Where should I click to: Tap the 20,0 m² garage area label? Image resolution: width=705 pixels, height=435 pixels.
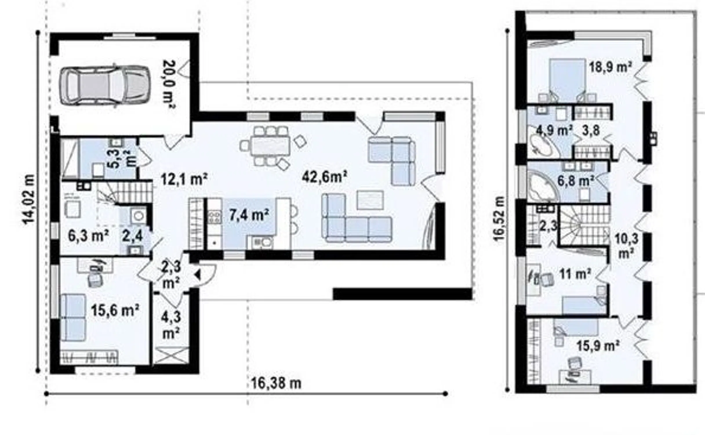click(169, 84)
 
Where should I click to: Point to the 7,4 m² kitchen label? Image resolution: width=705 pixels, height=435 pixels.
click(249, 215)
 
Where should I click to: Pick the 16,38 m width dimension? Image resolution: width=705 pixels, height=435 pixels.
click(276, 383)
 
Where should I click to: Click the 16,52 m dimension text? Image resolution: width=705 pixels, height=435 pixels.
click(499, 219)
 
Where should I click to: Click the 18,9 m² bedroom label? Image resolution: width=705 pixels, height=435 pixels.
click(610, 68)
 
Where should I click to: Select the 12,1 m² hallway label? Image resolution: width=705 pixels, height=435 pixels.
click(184, 179)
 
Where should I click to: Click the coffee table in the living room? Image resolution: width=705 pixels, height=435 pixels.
click(370, 200)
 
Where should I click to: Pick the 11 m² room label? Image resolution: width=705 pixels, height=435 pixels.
click(575, 274)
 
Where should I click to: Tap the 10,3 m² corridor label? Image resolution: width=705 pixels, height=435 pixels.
click(626, 246)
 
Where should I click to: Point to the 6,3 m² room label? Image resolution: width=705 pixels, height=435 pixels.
click(88, 235)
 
